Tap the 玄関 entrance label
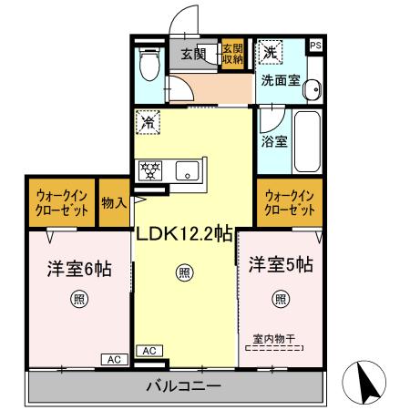click(193, 55)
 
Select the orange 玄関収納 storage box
click(232, 56)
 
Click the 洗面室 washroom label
click(280, 79)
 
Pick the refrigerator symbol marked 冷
click(149, 119)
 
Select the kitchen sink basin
click(190, 169)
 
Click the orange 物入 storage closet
click(112, 202)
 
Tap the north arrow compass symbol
click(364, 383)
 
